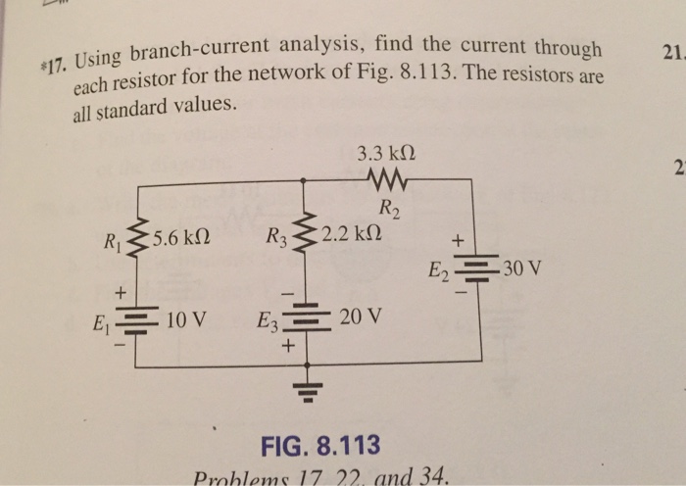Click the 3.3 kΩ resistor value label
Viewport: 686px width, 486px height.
point(389,154)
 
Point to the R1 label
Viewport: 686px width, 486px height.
point(113,238)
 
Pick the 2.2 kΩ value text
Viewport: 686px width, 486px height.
point(352,235)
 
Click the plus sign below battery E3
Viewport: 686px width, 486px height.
point(288,347)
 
